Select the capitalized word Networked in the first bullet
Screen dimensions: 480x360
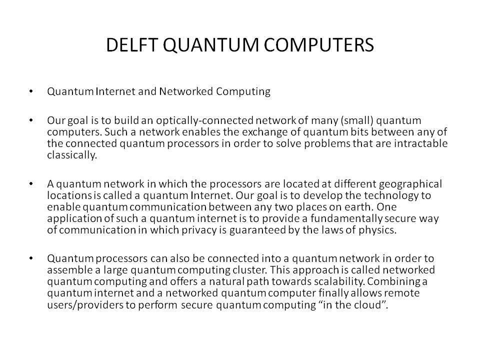(186, 91)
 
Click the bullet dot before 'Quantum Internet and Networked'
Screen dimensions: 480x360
(31, 91)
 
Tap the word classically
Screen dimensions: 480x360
(72, 155)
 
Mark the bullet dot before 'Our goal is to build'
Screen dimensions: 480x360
(31, 120)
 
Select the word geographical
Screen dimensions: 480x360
(410, 184)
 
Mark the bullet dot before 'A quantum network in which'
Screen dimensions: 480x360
(31, 183)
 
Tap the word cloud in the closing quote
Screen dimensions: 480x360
(369, 305)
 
